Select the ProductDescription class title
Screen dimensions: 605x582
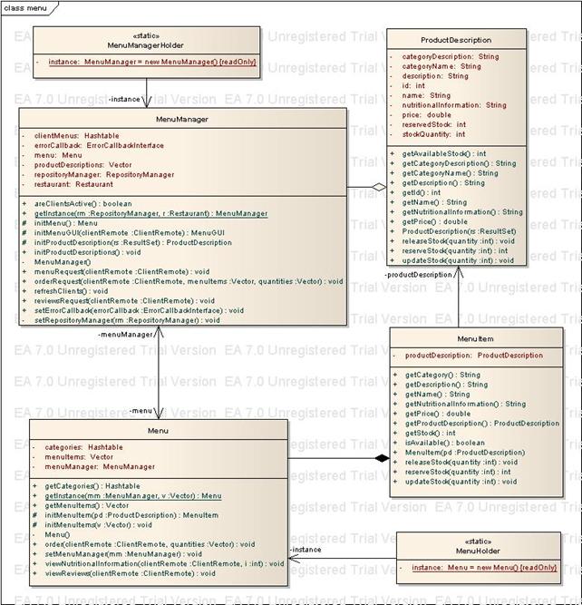click(x=456, y=40)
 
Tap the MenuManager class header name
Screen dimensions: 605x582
click(x=182, y=119)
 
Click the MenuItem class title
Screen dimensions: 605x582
click(x=474, y=339)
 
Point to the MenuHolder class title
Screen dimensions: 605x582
click(x=478, y=551)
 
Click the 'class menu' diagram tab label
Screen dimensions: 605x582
click(x=25, y=6)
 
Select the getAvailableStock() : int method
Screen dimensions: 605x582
click(x=443, y=153)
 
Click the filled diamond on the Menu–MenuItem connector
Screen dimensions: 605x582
click(x=382, y=459)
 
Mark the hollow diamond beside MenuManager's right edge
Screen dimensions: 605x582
click(x=379, y=186)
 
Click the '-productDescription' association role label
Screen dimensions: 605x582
click(x=417, y=274)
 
